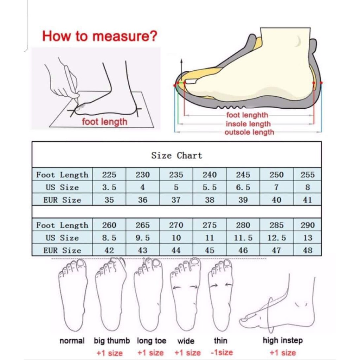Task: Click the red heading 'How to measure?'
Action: click(99, 36)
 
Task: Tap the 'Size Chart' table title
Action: click(176, 156)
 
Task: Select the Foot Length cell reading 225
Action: click(109, 175)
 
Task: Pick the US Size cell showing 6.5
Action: click(243, 187)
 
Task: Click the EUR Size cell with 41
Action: click(307, 200)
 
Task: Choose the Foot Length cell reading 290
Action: click(307, 225)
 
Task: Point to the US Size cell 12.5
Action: click(276, 238)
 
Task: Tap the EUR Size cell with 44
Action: click(176, 250)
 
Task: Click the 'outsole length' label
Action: click(249, 132)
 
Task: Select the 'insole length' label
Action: click(248, 124)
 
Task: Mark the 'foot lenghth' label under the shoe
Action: click(247, 115)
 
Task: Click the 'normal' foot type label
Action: click(72, 341)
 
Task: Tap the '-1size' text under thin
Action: click(222, 352)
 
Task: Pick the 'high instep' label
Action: click(283, 340)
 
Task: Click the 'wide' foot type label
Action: click(186, 341)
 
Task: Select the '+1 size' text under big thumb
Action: click(110, 353)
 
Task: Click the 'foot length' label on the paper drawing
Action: click(104, 122)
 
